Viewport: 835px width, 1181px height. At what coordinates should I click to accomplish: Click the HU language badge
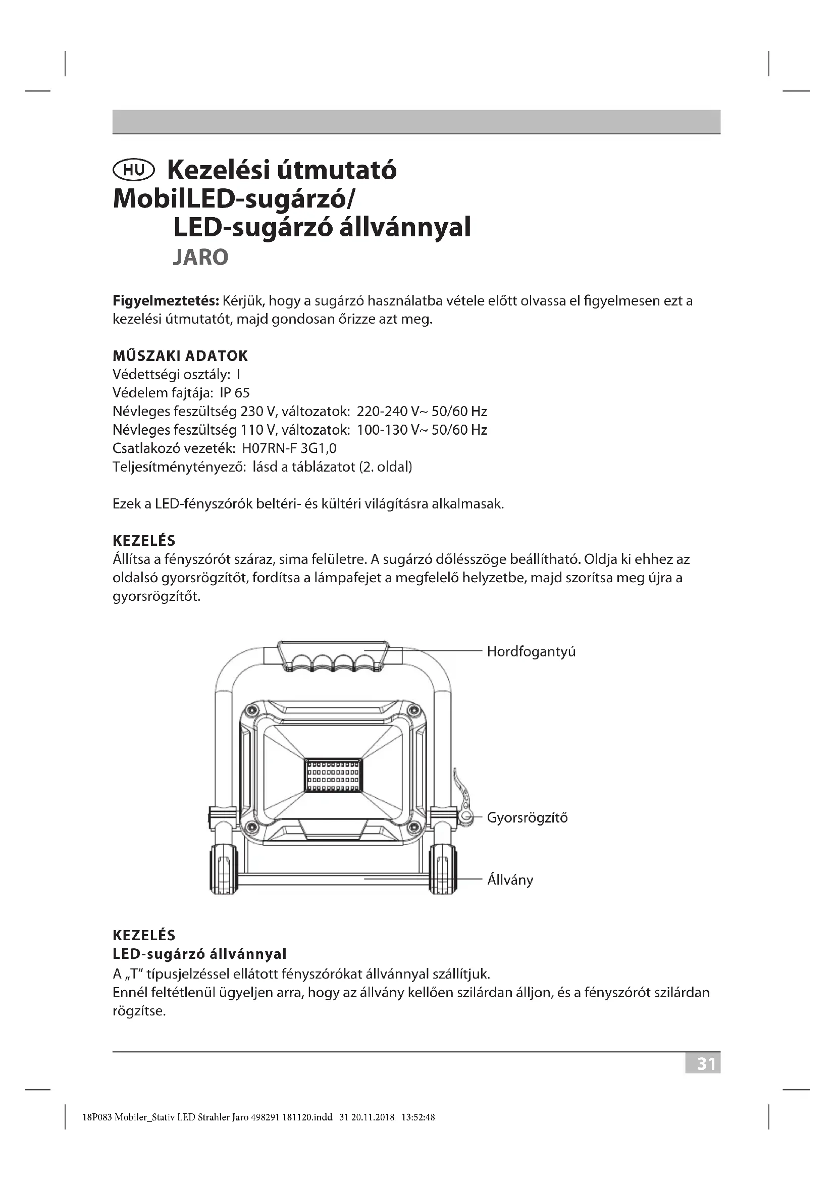point(133,170)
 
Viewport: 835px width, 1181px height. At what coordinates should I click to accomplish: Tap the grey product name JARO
point(200,257)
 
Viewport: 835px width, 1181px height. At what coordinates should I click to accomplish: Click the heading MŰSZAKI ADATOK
point(180,356)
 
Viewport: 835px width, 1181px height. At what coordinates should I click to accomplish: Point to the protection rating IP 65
point(234,393)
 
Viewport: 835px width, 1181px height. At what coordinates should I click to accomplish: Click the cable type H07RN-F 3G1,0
point(289,448)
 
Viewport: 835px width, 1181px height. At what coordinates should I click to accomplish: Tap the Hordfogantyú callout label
point(531,652)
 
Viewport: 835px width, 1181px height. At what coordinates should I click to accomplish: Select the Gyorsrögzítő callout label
point(527,817)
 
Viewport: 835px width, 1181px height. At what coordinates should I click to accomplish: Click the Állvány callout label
point(510,880)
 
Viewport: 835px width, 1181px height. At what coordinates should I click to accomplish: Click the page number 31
point(705,1064)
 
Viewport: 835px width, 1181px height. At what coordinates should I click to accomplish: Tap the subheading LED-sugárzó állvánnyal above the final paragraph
point(199,954)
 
